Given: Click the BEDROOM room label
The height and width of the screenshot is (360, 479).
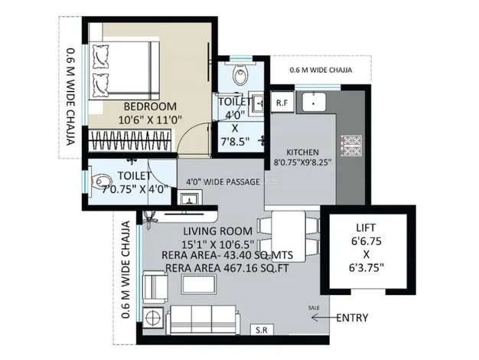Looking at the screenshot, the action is pos(150,106).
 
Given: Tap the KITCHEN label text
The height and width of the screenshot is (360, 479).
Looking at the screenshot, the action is pos(302,152).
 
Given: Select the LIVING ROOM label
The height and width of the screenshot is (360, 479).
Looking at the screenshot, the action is pos(218,231).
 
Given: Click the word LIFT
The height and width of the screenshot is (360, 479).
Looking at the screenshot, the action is pos(366,227).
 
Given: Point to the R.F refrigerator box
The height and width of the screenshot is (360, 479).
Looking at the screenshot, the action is pos(282,103).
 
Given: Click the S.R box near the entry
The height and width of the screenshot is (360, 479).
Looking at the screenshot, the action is pos(262,329).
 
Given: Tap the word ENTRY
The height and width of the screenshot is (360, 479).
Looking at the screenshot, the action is pos(352,318).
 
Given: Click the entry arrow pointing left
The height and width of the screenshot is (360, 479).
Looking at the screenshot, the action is pos(324,318).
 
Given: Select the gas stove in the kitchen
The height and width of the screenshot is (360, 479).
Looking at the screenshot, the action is pos(351,146).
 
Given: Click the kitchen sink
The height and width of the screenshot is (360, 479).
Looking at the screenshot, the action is pos(314,102).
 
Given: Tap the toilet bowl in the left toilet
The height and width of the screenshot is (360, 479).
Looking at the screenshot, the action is pos(100,182).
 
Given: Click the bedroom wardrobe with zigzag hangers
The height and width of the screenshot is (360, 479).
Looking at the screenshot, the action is pos(129,140).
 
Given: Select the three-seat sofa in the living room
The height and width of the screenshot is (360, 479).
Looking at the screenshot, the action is pos(204,319).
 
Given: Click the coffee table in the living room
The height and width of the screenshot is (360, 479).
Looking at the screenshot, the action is pos(199,284).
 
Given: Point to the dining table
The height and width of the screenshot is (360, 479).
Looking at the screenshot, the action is pos(288,236).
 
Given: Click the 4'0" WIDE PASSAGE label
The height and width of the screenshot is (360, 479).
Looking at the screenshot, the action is pos(223,182).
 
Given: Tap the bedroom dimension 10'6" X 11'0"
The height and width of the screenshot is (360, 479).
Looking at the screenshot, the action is pos(150,119).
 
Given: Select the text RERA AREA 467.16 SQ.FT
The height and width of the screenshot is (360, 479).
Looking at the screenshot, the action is pos(227,268).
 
